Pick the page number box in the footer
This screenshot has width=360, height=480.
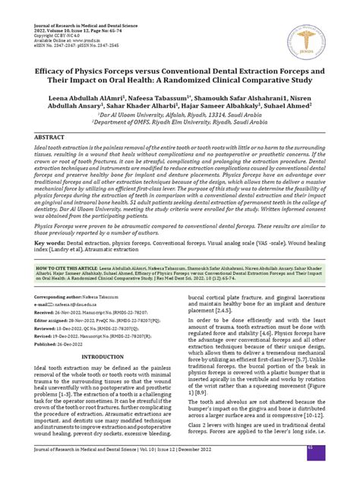331,469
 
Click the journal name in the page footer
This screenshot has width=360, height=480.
91,469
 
